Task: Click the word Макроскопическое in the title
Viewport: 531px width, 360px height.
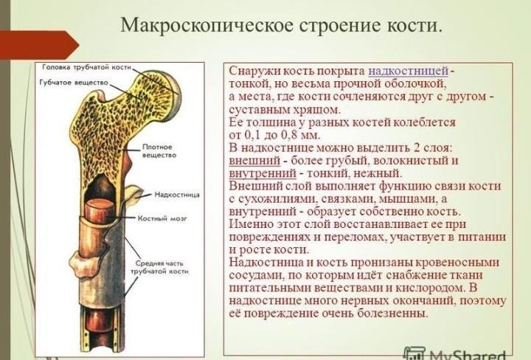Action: pos(206,25)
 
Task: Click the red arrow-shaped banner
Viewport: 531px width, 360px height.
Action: pos(39,45)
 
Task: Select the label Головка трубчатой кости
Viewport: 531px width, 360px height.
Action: pos(87,67)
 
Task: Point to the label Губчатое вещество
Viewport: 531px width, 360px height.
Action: pos(74,83)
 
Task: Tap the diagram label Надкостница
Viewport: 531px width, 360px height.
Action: pos(177,195)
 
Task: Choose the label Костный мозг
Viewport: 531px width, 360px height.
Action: pos(162,218)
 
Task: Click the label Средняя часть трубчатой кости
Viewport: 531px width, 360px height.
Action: pos(159,267)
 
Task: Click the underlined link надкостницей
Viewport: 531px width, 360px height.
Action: pos(409,71)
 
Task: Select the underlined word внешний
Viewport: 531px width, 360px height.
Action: pos(254,161)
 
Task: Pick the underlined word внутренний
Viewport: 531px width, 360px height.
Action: pos(263,173)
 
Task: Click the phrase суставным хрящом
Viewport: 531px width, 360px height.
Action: pos(285,110)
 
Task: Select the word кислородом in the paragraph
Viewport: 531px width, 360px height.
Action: pos(431,288)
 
